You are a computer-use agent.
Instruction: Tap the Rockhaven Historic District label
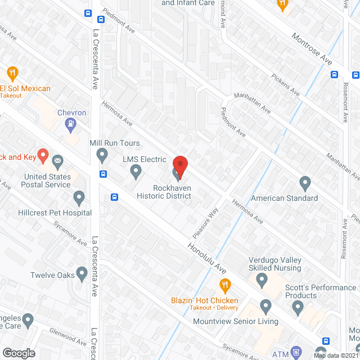tap(164, 192)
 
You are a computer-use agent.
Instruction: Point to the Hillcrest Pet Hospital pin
tap(79, 198)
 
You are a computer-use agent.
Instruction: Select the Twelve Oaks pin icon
tap(82, 274)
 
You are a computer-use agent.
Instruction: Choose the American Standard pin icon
tap(305, 183)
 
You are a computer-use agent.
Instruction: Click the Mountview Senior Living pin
tap(266, 307)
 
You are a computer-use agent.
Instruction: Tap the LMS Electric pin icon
tap(136, 171)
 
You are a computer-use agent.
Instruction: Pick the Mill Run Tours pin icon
tap(102, 154)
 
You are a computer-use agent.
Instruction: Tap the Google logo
tap(18, 353)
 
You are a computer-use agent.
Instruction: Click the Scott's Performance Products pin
tap(298, 307)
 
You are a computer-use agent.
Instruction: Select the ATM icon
tap(296, 352)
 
